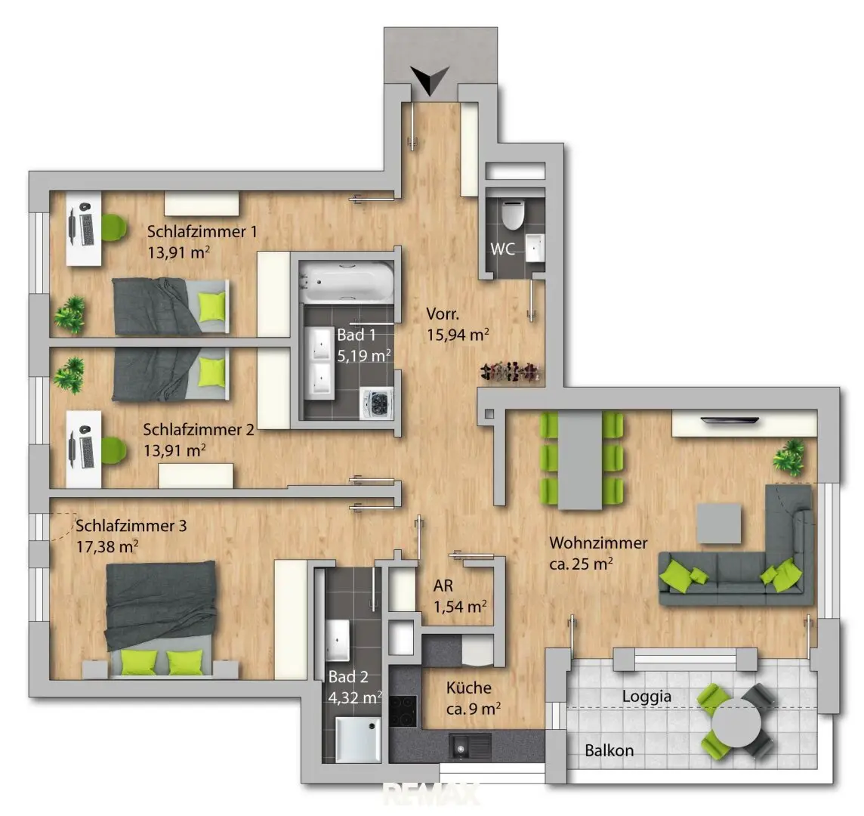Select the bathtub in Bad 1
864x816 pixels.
point(347,282)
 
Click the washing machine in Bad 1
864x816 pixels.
point(376,403)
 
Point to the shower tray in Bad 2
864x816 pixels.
point(358,740)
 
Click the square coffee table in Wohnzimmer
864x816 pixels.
point(719,524)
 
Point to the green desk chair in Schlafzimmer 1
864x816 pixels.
point(113,227)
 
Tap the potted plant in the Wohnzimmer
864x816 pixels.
point(789,456)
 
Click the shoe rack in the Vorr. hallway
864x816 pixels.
point(511,372)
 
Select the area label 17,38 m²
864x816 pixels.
point(107,547)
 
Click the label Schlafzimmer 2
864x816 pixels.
point(199,429)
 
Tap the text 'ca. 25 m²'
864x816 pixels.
point(581,564)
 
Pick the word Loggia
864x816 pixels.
point(646,697)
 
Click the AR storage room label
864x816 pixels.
point(443,586)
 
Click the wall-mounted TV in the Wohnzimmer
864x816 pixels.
point(729,422)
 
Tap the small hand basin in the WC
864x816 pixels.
point(535,248)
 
